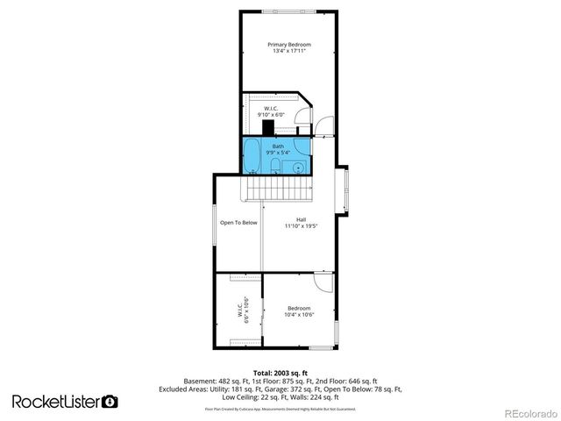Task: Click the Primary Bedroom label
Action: coord(289,44)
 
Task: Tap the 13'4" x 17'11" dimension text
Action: coord(289,52)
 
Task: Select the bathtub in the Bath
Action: coord(252,155)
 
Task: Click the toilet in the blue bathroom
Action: coord(275,164)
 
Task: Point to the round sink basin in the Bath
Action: coord(298,165)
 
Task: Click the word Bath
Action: coord(278,146)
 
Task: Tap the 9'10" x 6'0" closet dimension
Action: coord(271,115)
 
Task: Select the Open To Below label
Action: coord(238,222)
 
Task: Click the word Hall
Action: coord(301,219)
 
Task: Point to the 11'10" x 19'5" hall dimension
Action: coord(301,226)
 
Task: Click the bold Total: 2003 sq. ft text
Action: coord(280,374)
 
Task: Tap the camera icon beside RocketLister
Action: coord(110,401)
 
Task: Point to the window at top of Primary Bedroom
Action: coord(289,11)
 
